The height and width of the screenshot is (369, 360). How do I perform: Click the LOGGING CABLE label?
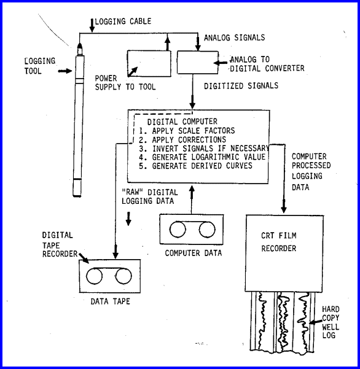[x=123, y=21]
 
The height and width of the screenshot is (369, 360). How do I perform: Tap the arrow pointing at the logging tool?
[x=65, y=71]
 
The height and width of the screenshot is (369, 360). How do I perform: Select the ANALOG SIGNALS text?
[x=234, y=37]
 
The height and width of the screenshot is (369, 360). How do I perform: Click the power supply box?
[x=149, y=63]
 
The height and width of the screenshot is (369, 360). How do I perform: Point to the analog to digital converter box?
[x=198, y=63]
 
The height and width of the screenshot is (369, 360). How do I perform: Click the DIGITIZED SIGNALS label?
[x=241, y=86]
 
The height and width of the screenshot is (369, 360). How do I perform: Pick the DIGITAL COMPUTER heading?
[x=182, y=122]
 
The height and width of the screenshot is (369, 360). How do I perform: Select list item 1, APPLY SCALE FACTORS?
[x=187, y=131]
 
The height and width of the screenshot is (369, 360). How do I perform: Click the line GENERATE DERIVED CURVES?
[x=195, y=166]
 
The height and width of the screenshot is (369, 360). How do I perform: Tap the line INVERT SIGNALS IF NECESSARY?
[x=204, y=149]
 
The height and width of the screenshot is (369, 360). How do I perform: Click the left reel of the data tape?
[x=94, y=276]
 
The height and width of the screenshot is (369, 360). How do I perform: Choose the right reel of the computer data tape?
[x=207, y=230]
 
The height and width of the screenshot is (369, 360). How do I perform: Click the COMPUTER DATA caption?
[x=194, y=253]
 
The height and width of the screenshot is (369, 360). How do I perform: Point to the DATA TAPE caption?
[x=110, y=301]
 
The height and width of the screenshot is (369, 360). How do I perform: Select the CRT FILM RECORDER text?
[x=279, y=242]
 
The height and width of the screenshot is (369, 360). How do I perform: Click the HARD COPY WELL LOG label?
[x=331, y=322]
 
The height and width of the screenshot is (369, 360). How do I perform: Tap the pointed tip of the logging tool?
[x=80, y=44]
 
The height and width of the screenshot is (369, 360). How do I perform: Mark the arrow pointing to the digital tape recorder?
[x=84, y=258]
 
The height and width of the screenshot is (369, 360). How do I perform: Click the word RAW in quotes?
[x=133, y=192]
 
